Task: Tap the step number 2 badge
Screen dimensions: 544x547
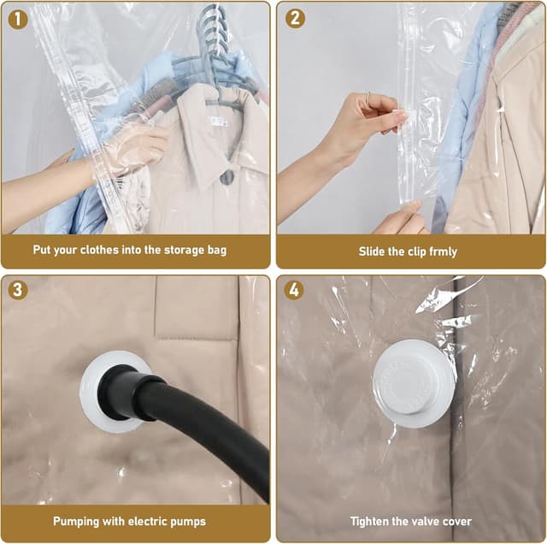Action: (295, 18)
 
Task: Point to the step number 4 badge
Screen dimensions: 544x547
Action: (295, 290)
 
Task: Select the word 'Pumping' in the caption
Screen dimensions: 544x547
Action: (76, 521)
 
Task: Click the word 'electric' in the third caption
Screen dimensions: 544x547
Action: (144, 521)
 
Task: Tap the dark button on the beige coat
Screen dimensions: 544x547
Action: (226, 177)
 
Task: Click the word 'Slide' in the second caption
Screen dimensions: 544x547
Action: (373, 252)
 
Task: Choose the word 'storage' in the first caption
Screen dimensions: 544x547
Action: (172, 251)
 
